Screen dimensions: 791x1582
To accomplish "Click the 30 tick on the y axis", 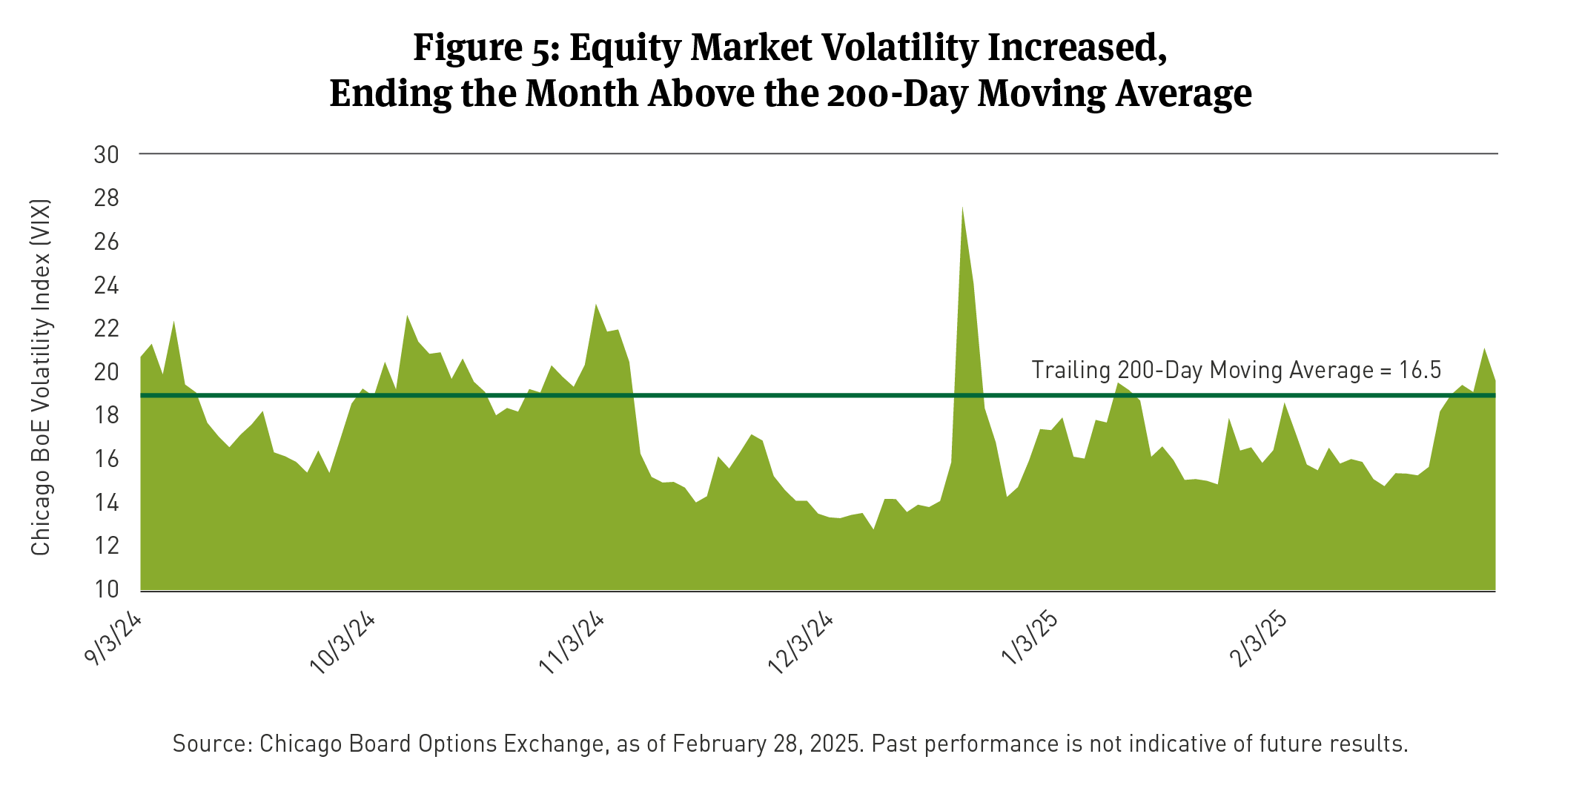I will pyautogui.click(x=106, y=155).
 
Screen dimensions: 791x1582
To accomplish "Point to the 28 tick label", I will pyautogui.click(x=106, y=198).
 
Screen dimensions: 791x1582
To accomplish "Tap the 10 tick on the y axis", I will pyautogui.click(x=106, y=589).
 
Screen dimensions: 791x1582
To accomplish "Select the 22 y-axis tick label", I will pyautogui.click(x=106, y=328).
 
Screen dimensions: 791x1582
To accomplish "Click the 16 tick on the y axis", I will pyautogui.click(x=106, y=459).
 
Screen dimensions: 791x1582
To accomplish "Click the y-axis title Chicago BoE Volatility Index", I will pyautogui.click(x=41, y=377).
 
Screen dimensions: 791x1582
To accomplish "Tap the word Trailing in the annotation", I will pyautogui.click(x=1070, y=370).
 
